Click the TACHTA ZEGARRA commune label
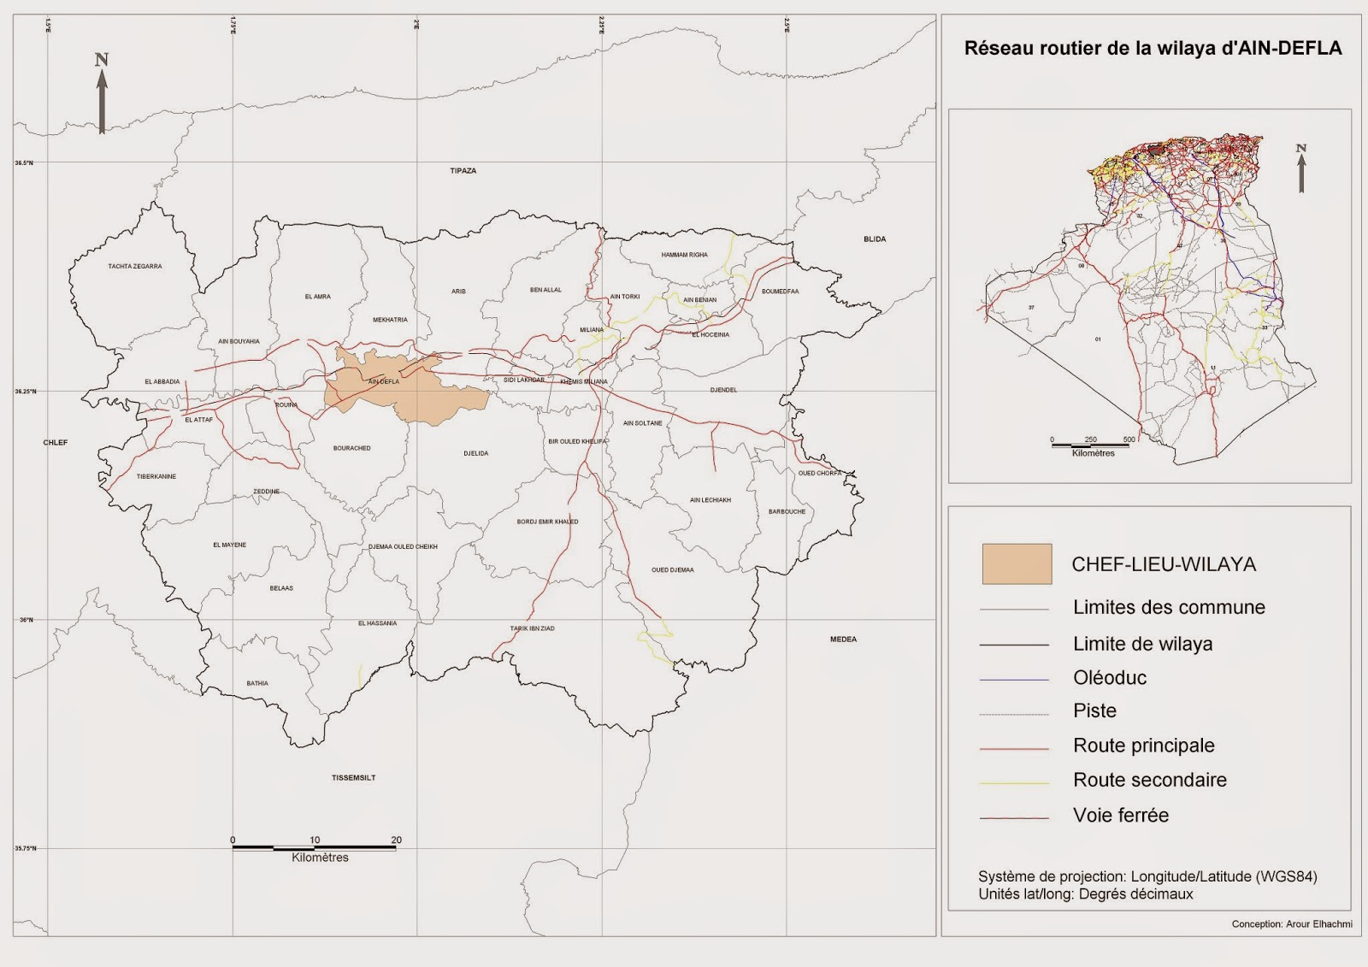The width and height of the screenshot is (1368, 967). (x=135, y=267)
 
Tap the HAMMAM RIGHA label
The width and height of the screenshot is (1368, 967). (x=684, y=255)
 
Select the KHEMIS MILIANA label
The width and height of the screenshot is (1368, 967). (x=584, y=381)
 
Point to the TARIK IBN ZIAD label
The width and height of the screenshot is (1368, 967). (x=532, y=628)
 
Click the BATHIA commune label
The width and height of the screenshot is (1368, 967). (x=257, y=683)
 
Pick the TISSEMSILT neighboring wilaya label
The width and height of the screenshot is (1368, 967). (x=353, y=778)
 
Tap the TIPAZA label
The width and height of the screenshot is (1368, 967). (x=463, y=171)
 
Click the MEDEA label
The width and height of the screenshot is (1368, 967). (x=843, y=640)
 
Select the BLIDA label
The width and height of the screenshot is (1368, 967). (x=875, y=239)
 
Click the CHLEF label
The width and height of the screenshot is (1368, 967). (x=56, y=443)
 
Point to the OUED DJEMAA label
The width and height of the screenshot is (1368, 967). (x=673, y=570)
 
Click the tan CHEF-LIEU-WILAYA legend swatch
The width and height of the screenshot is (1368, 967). (x=1017, y=564)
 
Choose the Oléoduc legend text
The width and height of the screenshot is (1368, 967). (x=1110, y=678)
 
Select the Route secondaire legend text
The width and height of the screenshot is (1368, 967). (x=1149, y=780)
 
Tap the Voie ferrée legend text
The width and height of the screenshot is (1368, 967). (x=1120, y=816)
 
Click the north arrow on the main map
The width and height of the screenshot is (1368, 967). (x=102, y=94)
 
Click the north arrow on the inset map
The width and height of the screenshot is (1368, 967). (x=1301, y=168)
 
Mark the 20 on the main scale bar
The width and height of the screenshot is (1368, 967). (x=396, y=840)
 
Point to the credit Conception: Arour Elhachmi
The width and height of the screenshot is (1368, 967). (x=1291, y=924)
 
